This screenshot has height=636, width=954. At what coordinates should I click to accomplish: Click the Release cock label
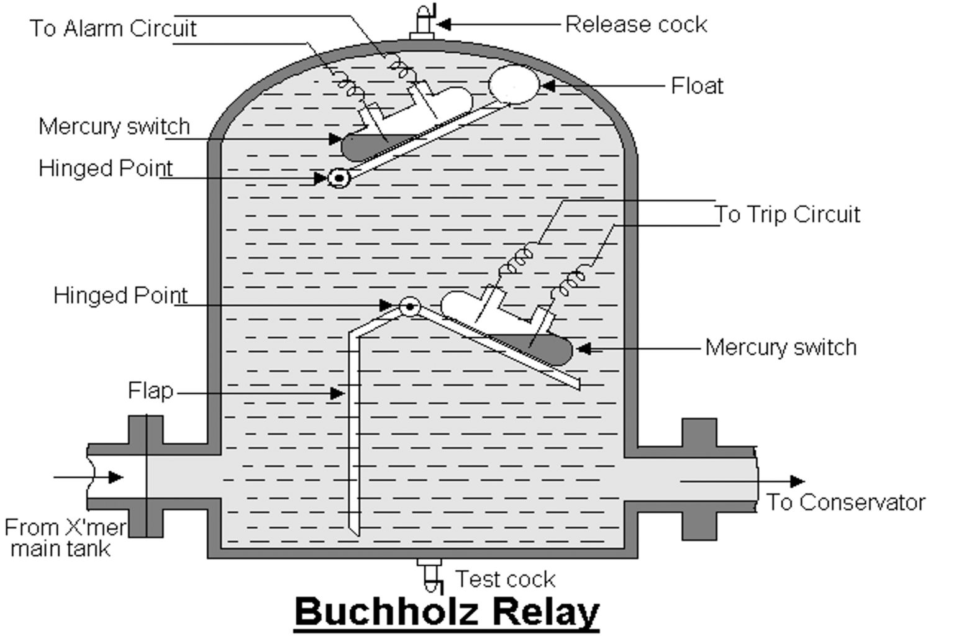(x=635, y=25)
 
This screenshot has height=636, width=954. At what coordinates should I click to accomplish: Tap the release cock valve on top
(x=424, y=22)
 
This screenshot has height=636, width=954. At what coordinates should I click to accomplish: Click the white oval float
(x=514, y=84)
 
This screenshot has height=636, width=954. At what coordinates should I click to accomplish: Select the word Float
(x=697, y=86)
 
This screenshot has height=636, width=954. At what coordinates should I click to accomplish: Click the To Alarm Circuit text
(x=113, y=29)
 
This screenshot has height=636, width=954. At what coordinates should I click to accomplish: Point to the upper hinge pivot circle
(x=340, y=179)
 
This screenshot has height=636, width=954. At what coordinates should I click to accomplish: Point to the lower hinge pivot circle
(x=409, y=306)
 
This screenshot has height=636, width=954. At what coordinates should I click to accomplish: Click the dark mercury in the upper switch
(x=363, y=147)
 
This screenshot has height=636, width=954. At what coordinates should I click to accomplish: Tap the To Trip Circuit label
(x=787, y=214)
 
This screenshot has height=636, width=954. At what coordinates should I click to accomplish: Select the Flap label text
(x=150, y=391)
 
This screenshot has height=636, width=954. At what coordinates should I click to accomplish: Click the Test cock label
(x=505, y=579)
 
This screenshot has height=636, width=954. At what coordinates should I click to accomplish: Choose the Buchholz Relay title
(x=447, y=612)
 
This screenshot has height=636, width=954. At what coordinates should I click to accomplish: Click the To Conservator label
(x=845, y=502)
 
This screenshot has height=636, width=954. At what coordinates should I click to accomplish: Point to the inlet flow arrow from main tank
(x=93, y=477)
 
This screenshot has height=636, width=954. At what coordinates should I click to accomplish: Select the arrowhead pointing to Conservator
(x=797, y=481)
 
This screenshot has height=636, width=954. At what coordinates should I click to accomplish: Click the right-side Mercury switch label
(x=781, y=347)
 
